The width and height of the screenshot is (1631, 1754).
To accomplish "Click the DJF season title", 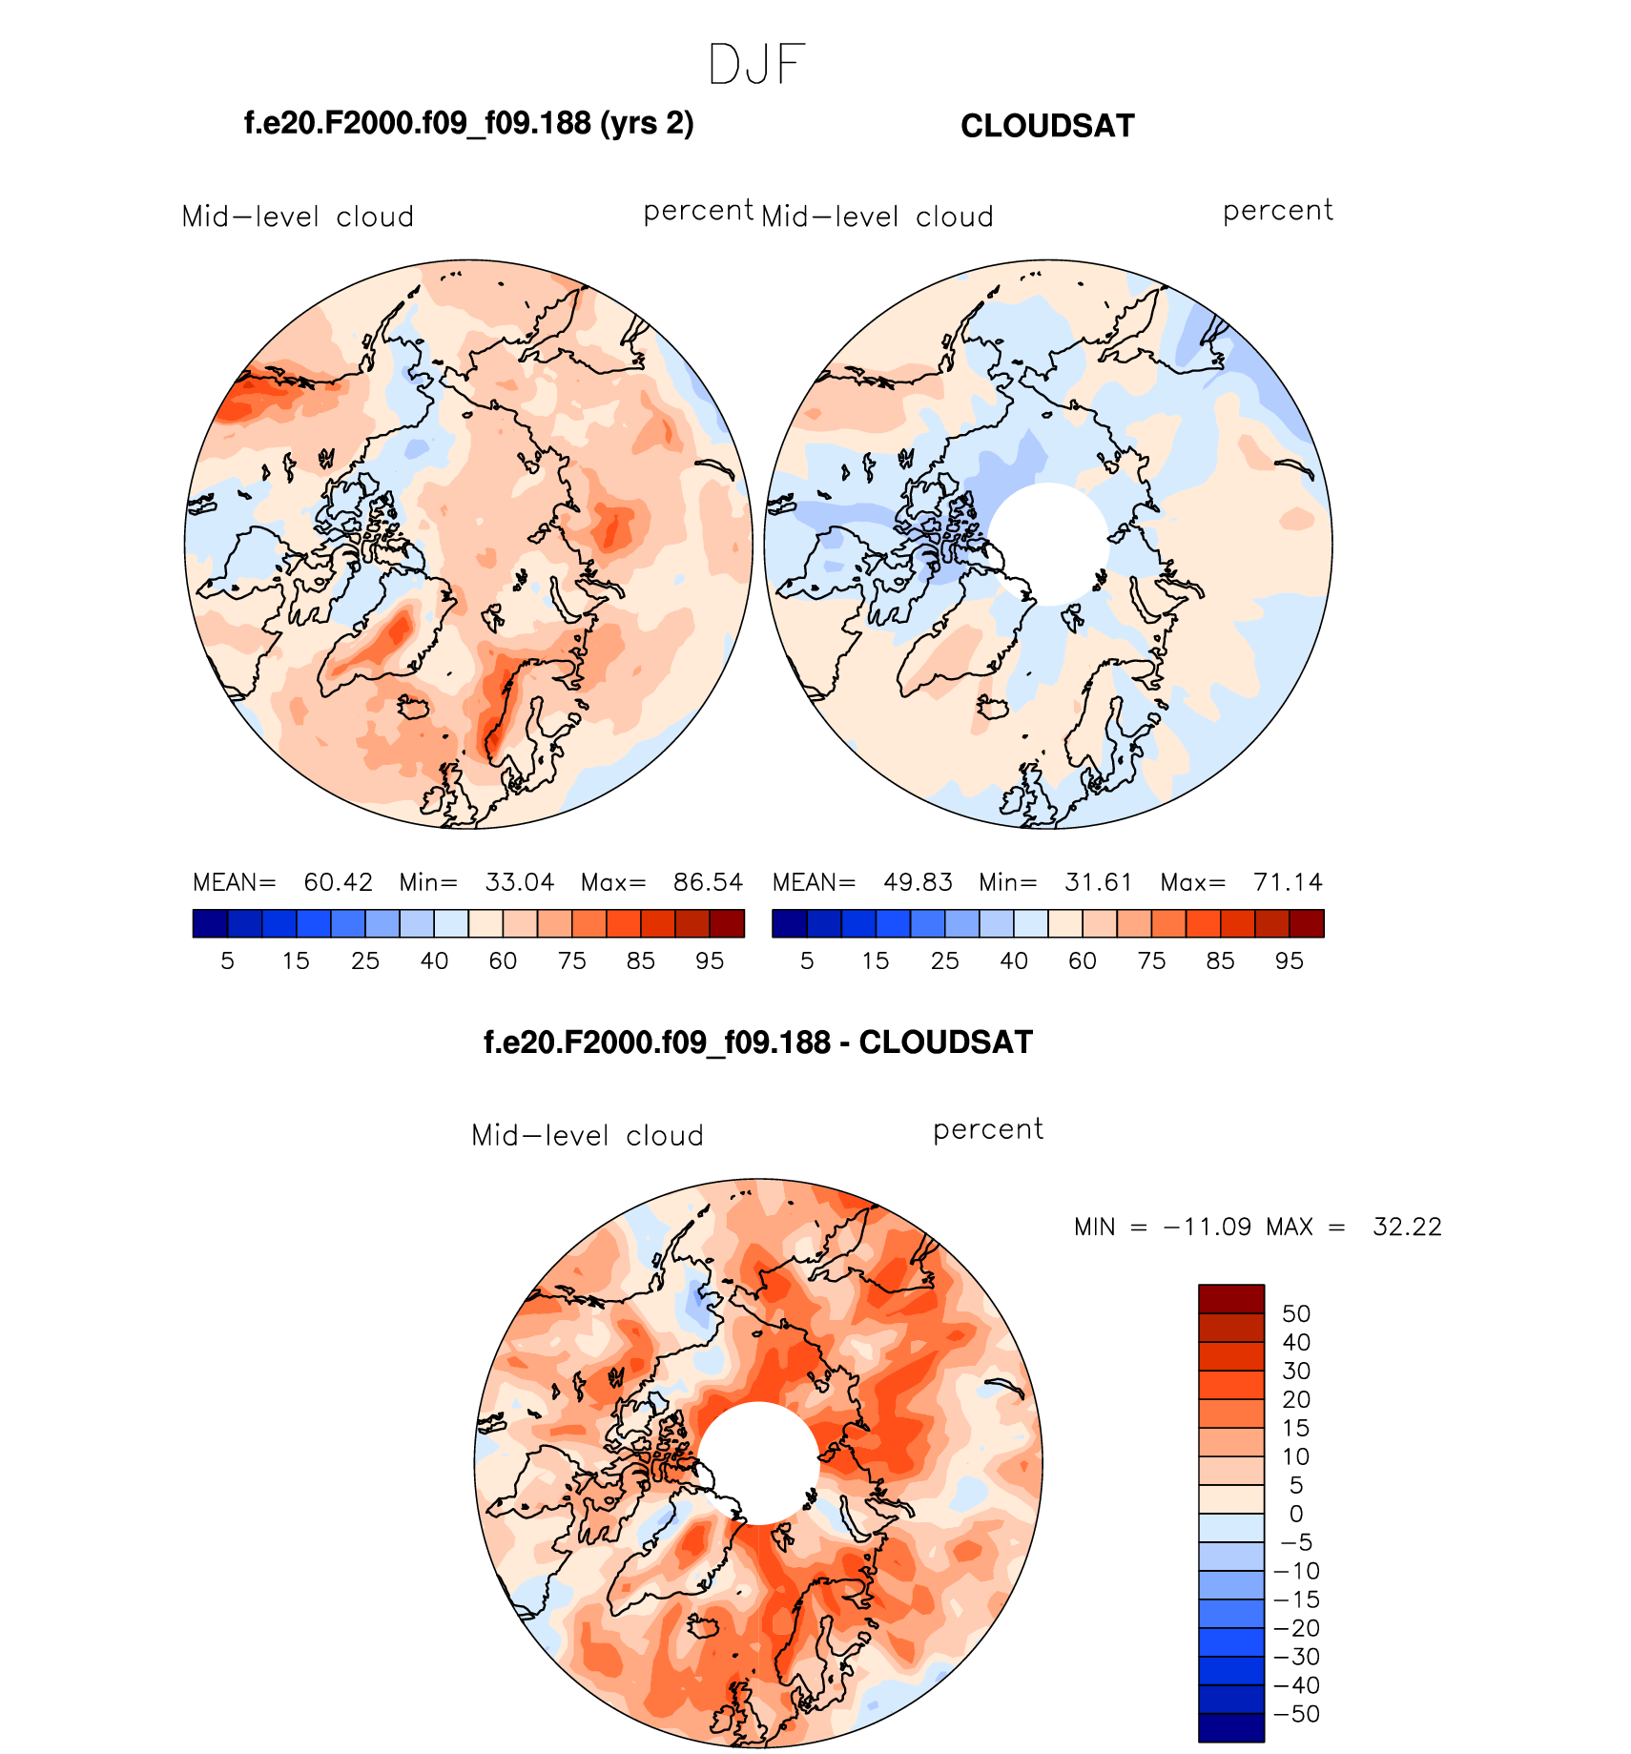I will point(757,65).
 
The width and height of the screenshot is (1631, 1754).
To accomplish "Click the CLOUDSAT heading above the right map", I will point(1047,126).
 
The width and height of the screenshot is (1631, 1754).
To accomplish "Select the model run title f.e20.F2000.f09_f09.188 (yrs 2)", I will point(468,124).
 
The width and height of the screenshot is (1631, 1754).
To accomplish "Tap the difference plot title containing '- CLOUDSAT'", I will point(758,1042).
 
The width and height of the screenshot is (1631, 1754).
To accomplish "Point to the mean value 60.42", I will point(338,882).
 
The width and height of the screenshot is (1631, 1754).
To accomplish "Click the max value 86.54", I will point(708,882).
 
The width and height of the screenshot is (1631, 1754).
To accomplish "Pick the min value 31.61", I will point(1098,882).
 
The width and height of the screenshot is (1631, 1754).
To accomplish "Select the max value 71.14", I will point(1288,882).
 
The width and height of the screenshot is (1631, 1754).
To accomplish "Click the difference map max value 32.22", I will point(1407,1227).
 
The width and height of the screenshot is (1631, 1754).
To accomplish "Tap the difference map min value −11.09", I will point(1207,1227).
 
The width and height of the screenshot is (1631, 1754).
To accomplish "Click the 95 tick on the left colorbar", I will point(710,961).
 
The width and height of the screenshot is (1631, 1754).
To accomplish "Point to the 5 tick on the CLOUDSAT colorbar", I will point(807,961).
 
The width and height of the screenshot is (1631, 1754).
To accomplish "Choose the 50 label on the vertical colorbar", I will point(1296,1314).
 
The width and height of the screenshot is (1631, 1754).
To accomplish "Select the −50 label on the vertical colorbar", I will point(1296,1714).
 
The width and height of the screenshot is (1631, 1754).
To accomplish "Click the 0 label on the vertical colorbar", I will point(1296,1514).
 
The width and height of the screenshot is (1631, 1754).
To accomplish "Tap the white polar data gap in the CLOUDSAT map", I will point(1048,544).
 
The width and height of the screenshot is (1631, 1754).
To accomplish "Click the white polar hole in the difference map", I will point(758,1462).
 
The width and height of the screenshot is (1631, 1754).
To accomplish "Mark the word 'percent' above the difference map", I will point(988,1129).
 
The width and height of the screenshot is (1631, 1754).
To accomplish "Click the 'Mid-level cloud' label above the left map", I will point(298,217).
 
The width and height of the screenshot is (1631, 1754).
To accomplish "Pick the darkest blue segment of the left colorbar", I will point(210,923).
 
